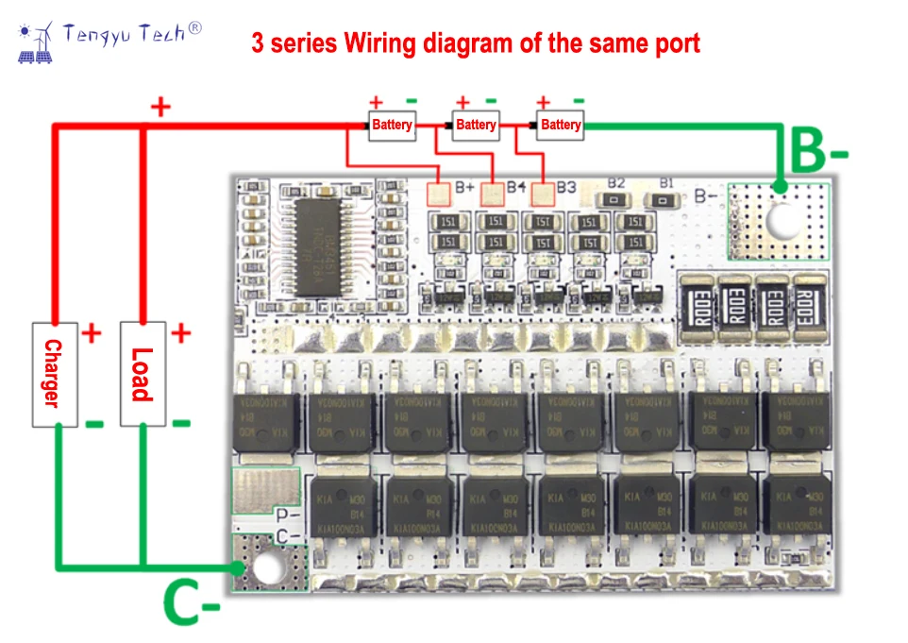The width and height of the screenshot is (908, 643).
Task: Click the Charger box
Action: click(55, 374)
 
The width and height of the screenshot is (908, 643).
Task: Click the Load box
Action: click(143, 374)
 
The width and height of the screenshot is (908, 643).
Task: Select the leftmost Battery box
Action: click(392, 125)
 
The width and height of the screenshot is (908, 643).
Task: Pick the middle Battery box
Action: click(476, 125)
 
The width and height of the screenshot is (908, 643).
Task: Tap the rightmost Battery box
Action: click(561, 125)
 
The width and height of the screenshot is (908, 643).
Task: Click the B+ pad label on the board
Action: click(465, 187)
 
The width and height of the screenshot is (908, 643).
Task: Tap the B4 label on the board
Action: click(515, 187)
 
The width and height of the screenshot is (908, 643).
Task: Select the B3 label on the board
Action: click(565, 187)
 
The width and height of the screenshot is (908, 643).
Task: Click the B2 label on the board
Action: click(616, 182)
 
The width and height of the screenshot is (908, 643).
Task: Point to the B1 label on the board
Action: click(665, 182)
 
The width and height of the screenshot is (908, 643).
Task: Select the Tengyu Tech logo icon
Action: click(37, 42)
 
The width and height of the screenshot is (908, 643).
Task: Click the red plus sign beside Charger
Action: click(92, 332)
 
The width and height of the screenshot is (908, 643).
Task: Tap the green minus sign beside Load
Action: click(181, 423)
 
